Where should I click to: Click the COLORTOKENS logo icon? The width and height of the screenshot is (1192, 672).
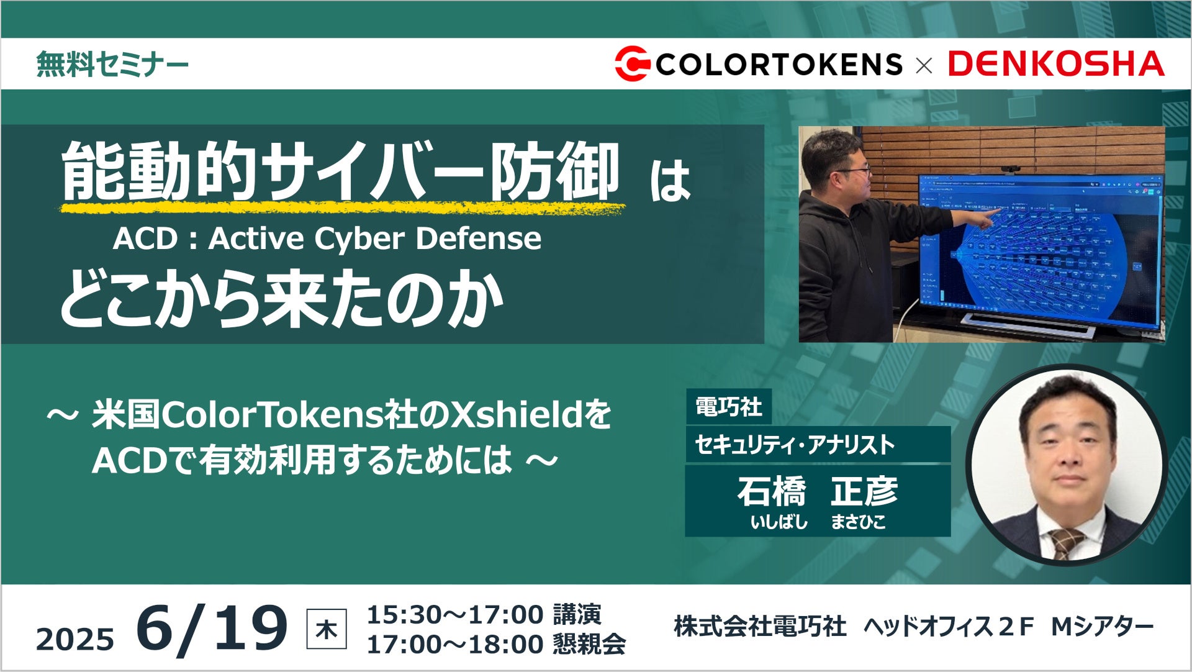(x=632, y=63)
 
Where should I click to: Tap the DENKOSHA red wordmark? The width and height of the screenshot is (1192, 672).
(x=1056, y=64)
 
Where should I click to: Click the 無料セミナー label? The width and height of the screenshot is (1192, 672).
(x=112, y=64)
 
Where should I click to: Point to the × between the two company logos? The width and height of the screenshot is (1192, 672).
(x=924, y=65)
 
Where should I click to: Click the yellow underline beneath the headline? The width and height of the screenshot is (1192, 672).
(x=343, y=209)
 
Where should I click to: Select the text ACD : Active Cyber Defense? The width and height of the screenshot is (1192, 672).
(x=327, y=238)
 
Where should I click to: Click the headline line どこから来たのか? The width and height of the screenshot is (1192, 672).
(x=281, y=298)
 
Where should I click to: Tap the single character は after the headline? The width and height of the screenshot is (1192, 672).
(x=670, y=181)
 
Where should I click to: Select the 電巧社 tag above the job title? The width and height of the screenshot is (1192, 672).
(x=728, y=407)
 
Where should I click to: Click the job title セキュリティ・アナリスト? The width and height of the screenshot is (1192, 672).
(x=795, y=445)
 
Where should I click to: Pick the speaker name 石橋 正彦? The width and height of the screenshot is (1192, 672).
(x=818, y=491)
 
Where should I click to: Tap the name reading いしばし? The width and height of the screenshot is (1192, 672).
(x=779, y=522)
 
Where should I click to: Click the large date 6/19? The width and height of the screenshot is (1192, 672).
(x=212, y=629)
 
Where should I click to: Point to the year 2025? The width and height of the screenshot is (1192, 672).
(x=75, y=639)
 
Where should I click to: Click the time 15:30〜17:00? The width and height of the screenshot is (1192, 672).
(x=455, y=615)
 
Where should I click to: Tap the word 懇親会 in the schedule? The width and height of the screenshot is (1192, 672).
(x=589, y=644)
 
